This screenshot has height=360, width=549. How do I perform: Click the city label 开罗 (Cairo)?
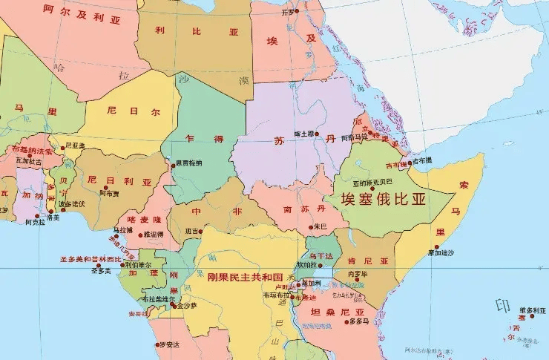pos(288,13)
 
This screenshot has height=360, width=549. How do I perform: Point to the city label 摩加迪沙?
pos(440,253)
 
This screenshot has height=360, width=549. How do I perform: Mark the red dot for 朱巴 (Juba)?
pos(315,226)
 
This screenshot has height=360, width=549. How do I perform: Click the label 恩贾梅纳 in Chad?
pos(188,163)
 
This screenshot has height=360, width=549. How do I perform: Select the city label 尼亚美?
pos(75,145)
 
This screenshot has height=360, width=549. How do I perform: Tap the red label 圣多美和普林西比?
pos(91,260)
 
